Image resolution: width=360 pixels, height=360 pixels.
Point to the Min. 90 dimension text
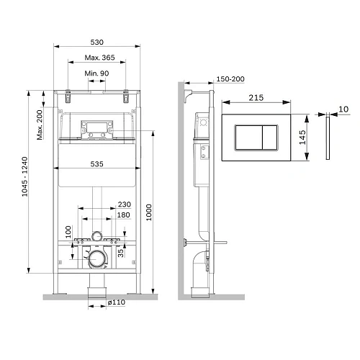97,75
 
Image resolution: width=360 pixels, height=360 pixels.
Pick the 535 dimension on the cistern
97,164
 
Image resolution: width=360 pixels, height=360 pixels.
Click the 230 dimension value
124,204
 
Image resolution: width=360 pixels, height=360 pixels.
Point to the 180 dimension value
124,215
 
